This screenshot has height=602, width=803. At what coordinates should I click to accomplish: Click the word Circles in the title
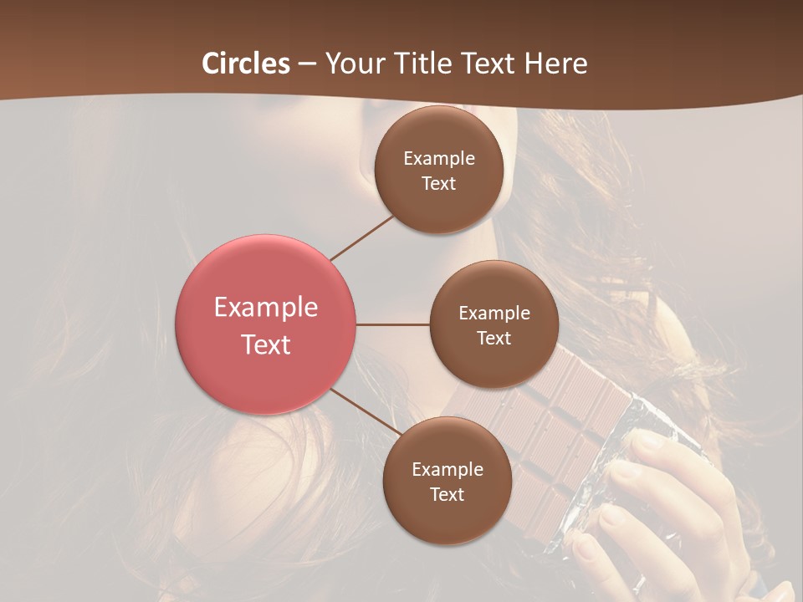pos(246,64)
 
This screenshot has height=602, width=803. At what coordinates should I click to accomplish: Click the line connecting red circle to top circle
pos(361,237)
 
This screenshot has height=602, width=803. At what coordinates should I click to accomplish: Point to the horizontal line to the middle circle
pos(393,324)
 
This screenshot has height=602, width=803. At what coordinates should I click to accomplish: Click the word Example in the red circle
pos(266,307)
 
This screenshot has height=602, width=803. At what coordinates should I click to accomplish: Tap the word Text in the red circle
pos(266,344)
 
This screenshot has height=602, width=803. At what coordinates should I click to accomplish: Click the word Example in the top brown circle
pos(439,158)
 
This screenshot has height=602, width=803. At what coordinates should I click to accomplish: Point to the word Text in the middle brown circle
pos(494,338)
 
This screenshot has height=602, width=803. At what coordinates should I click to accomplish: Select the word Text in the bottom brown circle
pos(447,494)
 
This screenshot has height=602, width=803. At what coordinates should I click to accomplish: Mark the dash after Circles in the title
pos(307,64)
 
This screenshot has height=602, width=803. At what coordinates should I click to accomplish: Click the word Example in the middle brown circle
pos(494,313)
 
